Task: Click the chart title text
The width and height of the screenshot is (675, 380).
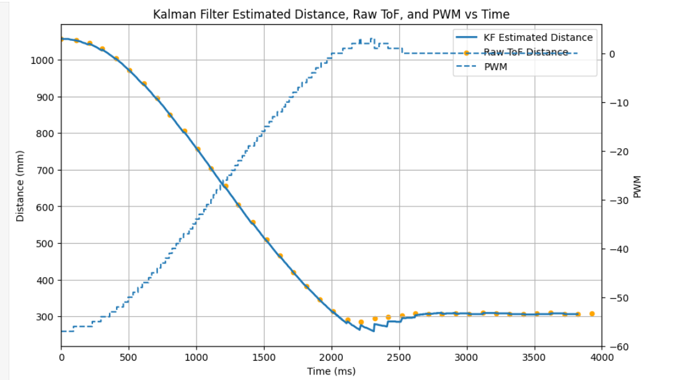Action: click(x=332, y=14)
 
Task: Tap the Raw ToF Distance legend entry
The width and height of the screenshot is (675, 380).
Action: click(x=526, y=52)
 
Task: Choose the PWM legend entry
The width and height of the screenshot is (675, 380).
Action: click(x=495, y=67)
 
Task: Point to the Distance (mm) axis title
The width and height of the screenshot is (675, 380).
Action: click(x=20, y=186)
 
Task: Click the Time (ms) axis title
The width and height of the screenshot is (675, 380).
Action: click(x=332, y=371)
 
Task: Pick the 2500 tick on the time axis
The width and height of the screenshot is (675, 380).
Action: click(x=399, y=358)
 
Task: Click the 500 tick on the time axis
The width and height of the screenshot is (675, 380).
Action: click(x=129, y=358)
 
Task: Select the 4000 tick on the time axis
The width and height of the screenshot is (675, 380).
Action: click(x=601, y=358)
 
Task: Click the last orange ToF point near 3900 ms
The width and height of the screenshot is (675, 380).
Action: click(x=592, y=314)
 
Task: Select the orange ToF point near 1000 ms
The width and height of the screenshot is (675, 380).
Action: click(x=198, y=149)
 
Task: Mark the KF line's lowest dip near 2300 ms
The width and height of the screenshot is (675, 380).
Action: click(x=374, y=331)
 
